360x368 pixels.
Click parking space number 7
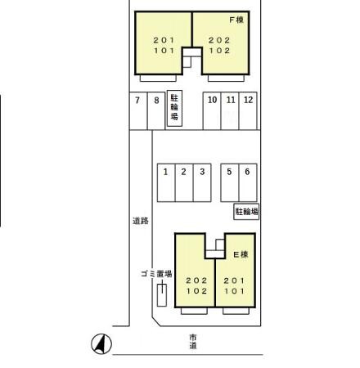point(138,111)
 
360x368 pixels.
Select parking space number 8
point(156,111)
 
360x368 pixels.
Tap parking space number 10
point(212,111)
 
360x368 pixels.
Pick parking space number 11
point(230,111)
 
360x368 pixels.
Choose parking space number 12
point(248,111)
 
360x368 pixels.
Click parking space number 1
point(166,182)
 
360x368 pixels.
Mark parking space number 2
point(184,182)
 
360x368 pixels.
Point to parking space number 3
point(202,182)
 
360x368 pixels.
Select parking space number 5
point(230,182)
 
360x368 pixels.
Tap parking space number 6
point(248,182)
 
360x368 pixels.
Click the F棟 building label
point(236,20)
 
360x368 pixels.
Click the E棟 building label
point(241,254)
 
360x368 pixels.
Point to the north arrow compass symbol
point(101,344)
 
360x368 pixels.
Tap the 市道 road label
point(193,342)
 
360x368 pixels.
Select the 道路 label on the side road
point(141,221)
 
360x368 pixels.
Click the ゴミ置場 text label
point(156,274)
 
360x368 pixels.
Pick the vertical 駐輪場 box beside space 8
point(174,109)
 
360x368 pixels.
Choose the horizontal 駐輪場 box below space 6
point(246,212)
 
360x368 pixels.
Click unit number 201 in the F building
point(164,40)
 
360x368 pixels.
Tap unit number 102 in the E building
point(196,291)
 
